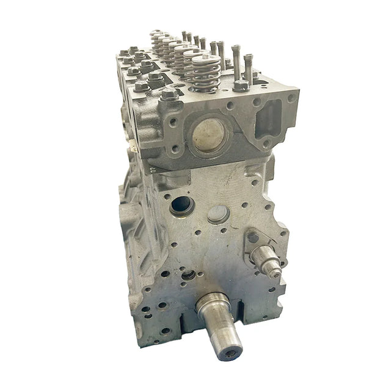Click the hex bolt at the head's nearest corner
coord(170,93)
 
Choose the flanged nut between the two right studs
coord(241,84)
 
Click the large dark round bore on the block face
coord(181,205)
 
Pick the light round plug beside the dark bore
coord(218,214)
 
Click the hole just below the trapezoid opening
coord(267,144)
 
